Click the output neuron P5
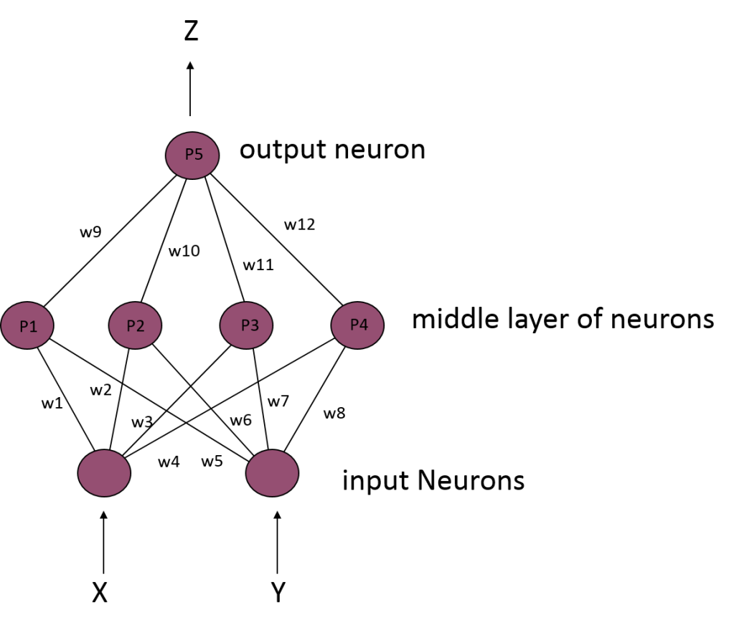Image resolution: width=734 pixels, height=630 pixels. (x=192, y=155)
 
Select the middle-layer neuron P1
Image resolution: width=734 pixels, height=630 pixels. (x=28, y=325)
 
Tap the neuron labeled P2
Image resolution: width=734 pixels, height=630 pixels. (x=136, y=325)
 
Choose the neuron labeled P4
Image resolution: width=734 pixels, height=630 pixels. (x=357, y=325)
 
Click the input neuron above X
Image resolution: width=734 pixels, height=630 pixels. (x=104, y=472)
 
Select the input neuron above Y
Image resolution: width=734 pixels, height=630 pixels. (x=273, y=472)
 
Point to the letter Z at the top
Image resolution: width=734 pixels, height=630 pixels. (x=191, y=31)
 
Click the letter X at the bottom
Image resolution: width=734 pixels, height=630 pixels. (x=100, y=593)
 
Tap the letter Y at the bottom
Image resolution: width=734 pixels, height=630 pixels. (x=278, y=593)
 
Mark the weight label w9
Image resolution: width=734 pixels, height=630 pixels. (x=90, y=232)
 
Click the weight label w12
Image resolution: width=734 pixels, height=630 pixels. (x=299, y=224)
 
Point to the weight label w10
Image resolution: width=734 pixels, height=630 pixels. (x=184, y=252)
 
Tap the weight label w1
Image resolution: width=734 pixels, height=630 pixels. (x=52, y=404)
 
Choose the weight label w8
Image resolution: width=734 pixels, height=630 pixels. (x=334, y=413)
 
